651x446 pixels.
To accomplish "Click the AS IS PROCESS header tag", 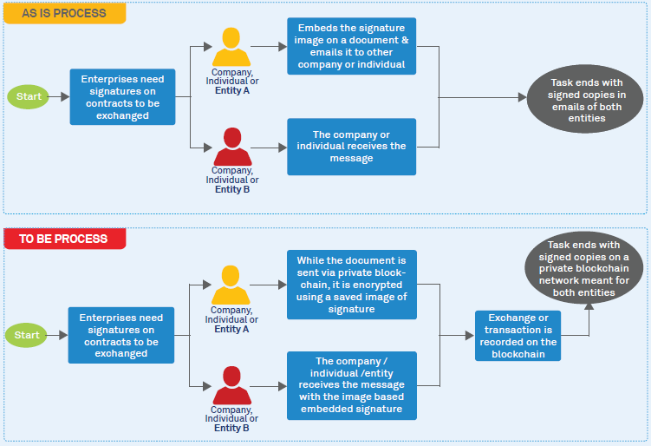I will pos(64,13).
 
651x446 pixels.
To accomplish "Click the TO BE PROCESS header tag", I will pos(64,239).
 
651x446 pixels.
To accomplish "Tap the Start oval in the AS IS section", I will pos(28,96).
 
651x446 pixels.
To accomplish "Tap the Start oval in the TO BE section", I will pos(28,334).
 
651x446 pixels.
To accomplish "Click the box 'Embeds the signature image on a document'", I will pos(352,46).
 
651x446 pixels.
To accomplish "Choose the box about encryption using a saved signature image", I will pos(352,285).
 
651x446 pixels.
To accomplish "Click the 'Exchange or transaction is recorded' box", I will pos(518,335).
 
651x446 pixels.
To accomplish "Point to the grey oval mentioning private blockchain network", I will pos(588,269).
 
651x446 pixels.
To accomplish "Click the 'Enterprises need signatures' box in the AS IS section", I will pos(122,96).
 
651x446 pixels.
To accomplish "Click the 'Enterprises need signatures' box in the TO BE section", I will pos(122,334).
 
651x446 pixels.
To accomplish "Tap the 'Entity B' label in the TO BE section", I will pos(231,428).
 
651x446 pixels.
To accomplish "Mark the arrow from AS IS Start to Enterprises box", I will pos(59,96).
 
